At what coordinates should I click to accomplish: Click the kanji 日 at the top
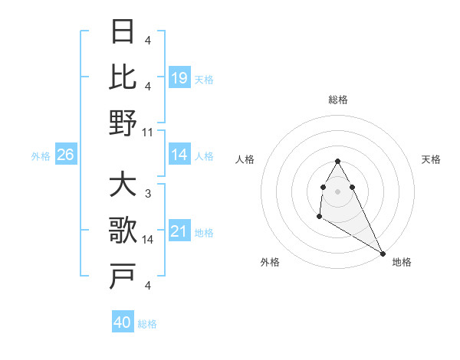123,31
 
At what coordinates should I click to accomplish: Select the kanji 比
123,77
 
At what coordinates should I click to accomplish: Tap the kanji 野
123,123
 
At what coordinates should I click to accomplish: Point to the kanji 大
123,185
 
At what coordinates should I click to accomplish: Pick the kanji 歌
123,231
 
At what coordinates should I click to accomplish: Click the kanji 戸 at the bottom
123,277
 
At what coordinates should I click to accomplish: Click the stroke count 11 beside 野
147,133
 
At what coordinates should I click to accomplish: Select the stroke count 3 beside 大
147,195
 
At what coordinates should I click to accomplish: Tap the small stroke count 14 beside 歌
148,240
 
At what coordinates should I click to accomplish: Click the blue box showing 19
179,77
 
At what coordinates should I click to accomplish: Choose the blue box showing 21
179,231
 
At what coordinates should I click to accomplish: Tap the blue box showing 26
65,155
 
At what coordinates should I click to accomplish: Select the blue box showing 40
123,322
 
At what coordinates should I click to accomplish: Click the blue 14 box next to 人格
179,155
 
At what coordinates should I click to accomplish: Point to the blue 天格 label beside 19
204,80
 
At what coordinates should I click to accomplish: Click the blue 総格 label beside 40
147,324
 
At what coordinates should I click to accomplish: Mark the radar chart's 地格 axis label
402,262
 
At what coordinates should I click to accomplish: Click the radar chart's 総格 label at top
338,100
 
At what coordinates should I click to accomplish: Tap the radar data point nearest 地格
383,254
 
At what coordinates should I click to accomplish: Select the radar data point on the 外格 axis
319,218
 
